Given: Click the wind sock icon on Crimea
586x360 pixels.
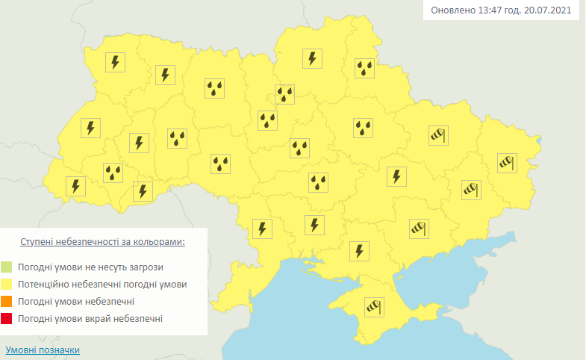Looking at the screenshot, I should pyautogui.click(x=373, y=306).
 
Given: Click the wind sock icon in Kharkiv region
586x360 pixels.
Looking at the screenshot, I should pyautogui.click(x=437, y=135).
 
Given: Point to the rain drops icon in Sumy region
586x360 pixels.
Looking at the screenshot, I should pyautogui.click(x=364, y=69).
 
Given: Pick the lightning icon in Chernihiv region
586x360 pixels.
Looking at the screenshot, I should pyautogui.click(x=312, y=58).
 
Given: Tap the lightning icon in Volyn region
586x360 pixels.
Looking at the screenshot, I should pyautogui.click(x=115, y=62).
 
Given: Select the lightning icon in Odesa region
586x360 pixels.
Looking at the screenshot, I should pyautogui.click(x=262, y=229).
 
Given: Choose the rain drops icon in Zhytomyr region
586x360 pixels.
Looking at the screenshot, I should pyautogui.click(x=216, y=89).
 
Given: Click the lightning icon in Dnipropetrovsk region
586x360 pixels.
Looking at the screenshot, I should pyautogui.click(x=397, y=177).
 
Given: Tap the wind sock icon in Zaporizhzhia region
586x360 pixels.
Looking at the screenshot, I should pyautogui.click(x=419, y=228).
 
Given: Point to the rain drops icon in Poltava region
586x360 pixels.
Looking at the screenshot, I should pyautogui.click(x=363, y=128).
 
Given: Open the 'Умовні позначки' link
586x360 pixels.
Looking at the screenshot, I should pyautogui.click(x=43, y=350).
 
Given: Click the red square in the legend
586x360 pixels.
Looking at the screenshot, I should pyautogui.click(x=7, y=319).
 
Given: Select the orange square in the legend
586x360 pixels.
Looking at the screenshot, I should pyautogui.click(x=7, y=301).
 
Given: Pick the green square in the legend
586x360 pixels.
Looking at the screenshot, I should pyautogui.click(x=7, y=267).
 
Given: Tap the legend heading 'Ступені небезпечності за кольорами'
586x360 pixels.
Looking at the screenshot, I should pyautogui.click(x=103, y=243).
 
